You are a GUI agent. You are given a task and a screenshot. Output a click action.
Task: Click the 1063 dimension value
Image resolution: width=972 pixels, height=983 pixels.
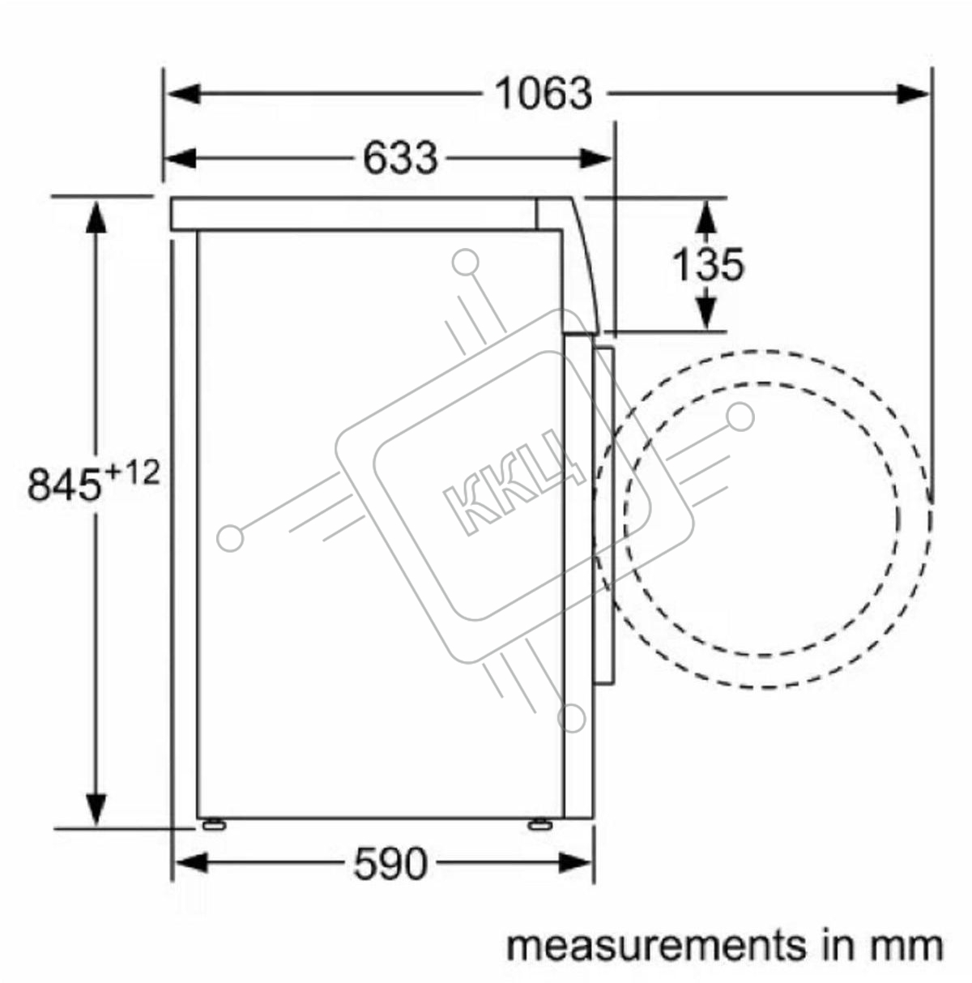coord(544,94)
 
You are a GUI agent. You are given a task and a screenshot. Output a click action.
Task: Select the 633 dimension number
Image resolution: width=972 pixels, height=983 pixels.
coord(400,158)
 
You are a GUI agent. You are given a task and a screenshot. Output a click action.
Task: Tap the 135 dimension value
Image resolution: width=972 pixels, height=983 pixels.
coord(709,264)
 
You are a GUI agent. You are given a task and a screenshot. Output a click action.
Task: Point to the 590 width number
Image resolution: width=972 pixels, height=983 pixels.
coord(390,863)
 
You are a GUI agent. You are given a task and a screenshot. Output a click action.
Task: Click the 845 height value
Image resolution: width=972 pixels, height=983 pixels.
coord(64,485)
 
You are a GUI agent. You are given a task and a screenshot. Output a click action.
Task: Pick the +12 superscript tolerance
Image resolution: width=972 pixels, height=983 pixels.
coord(132,473)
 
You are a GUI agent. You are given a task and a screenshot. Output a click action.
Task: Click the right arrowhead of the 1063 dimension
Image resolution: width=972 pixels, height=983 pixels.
coord(913,94)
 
